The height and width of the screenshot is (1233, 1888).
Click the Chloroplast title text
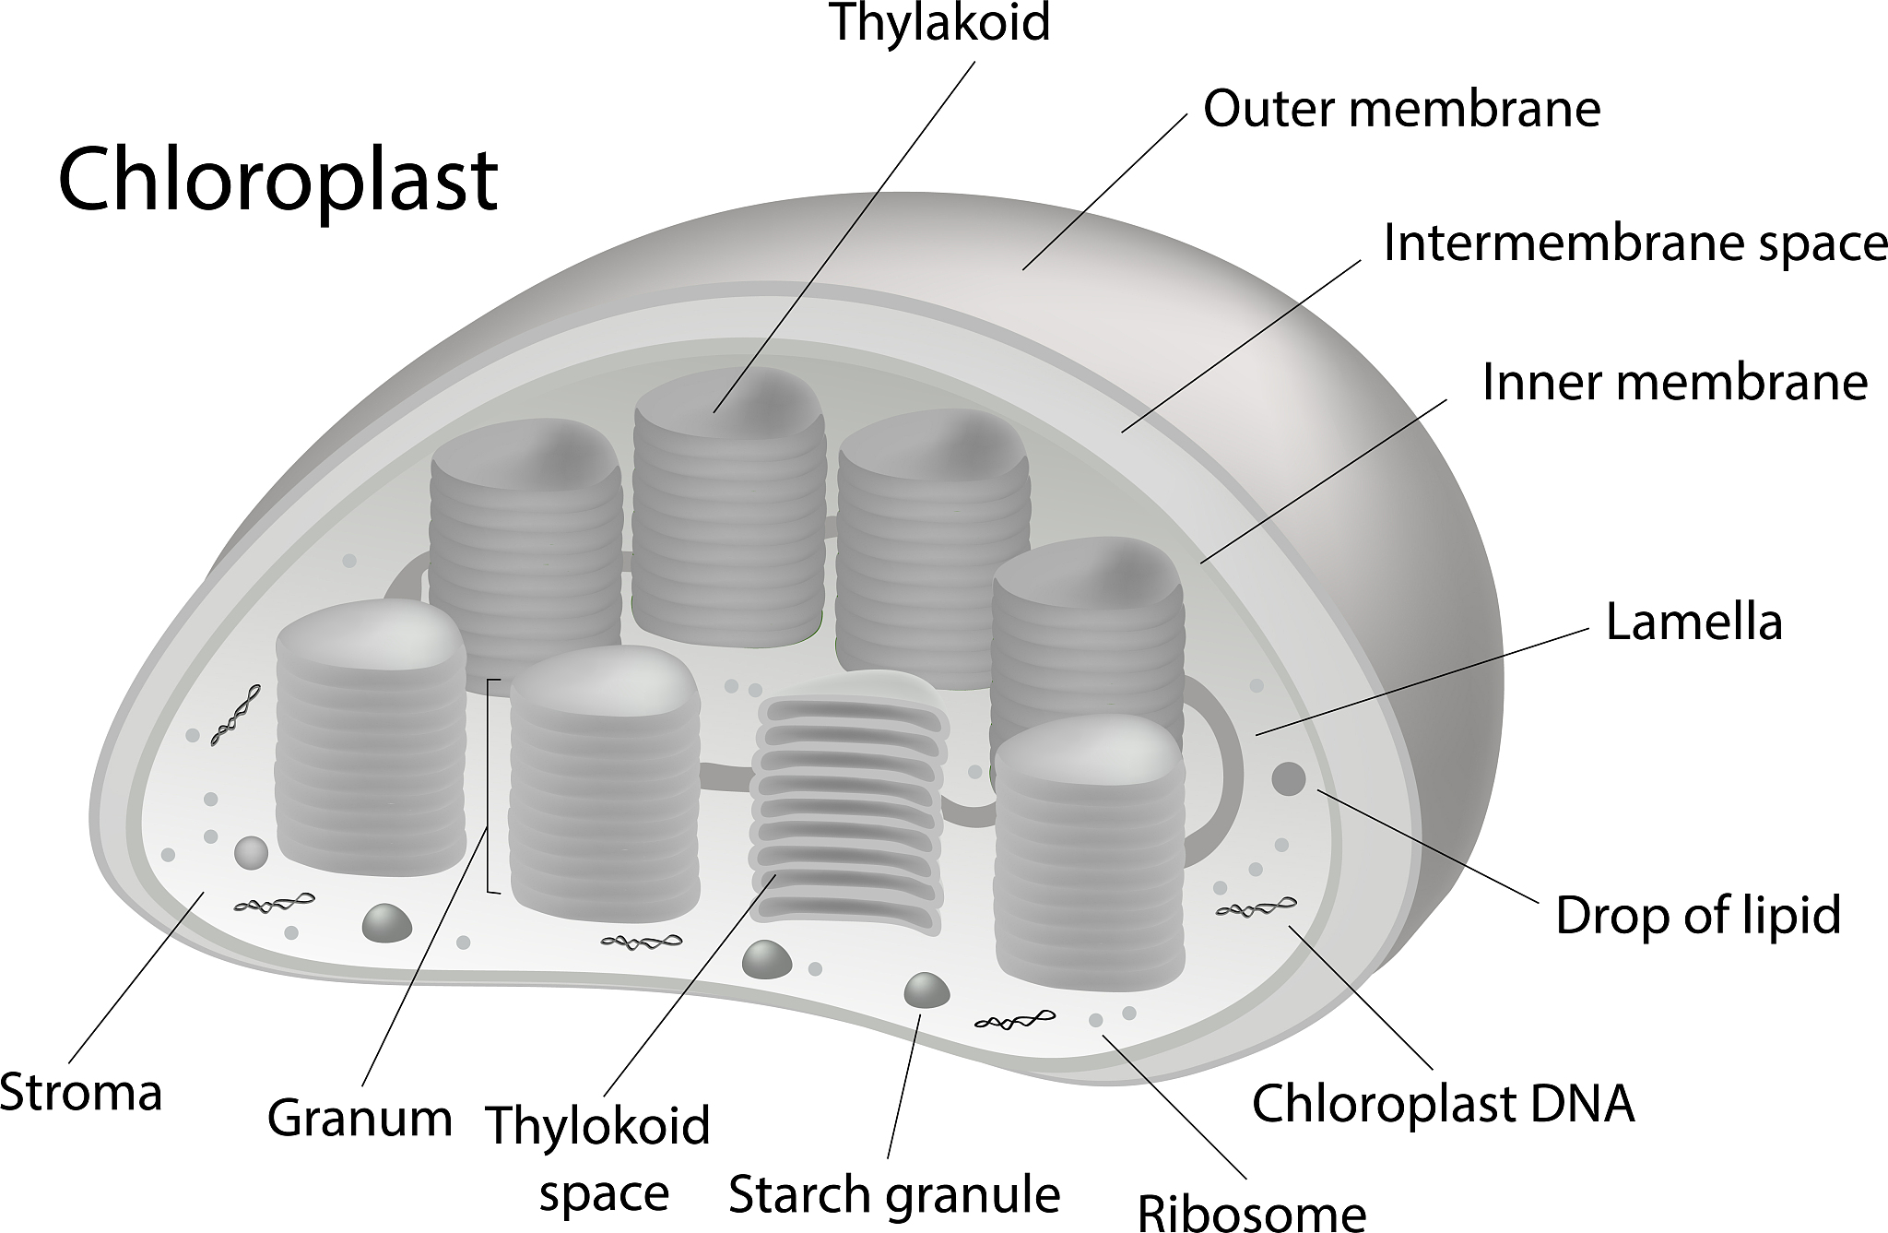point(277,180)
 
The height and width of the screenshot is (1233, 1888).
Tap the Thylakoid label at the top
point(940,22)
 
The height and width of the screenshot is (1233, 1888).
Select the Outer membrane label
point(1401,109)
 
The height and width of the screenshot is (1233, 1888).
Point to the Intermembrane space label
point(1634,243)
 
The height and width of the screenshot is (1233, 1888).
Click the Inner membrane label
point(1674,382)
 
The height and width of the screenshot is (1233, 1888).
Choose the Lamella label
point(1693,622)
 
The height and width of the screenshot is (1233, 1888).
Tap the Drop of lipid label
point(1698,916)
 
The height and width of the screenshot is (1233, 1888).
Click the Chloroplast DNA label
point(1443,1103)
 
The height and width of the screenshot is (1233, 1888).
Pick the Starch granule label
point(894,1195)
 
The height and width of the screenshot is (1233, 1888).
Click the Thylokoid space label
point(599,1158)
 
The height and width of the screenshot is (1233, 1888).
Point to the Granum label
point(360,1118)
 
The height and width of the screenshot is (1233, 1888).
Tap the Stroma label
point(81,1093)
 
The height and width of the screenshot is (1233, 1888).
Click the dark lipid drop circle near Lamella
point(1288,778)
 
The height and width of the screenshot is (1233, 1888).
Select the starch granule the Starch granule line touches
point(926,990)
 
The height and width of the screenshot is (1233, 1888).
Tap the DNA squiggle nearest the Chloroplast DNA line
point(1256,908)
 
